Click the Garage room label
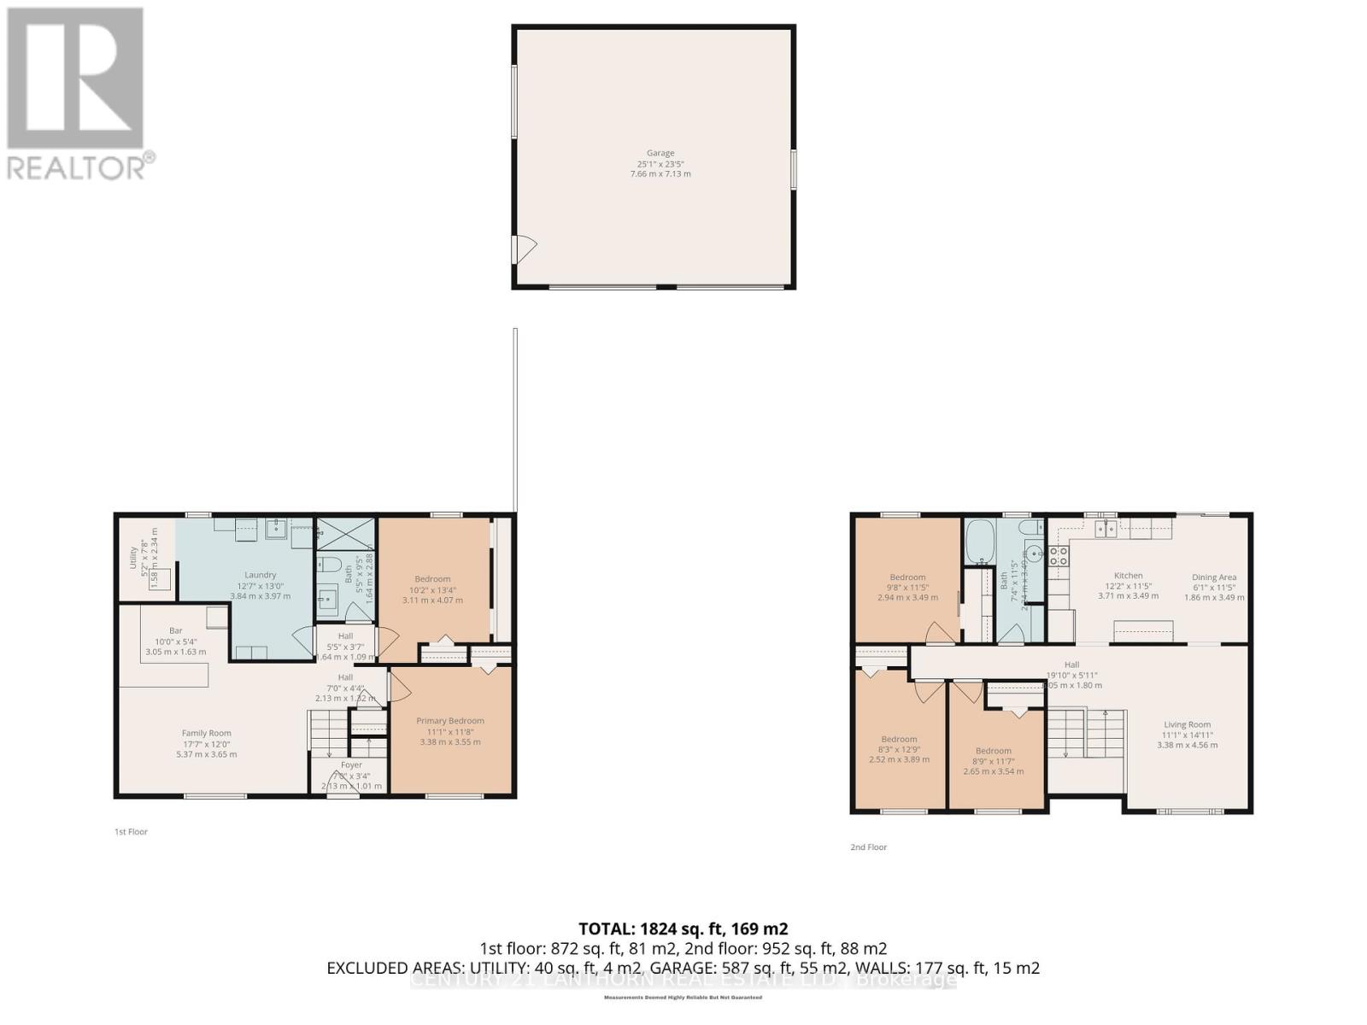tap(660, 153)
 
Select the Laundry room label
tap(261, 575)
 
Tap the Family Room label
tap(206, 733)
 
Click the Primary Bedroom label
tap(450, 721)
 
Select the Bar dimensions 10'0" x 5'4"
tap(175, 641)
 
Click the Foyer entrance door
tap(343, 794)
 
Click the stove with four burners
tap(1059, 556)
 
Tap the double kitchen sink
tap(1106, 530)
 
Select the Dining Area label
tap(1214, 577)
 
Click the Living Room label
tap(1187, 724)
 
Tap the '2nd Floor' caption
tap(868, 847)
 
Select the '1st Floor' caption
tap(131, 832)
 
